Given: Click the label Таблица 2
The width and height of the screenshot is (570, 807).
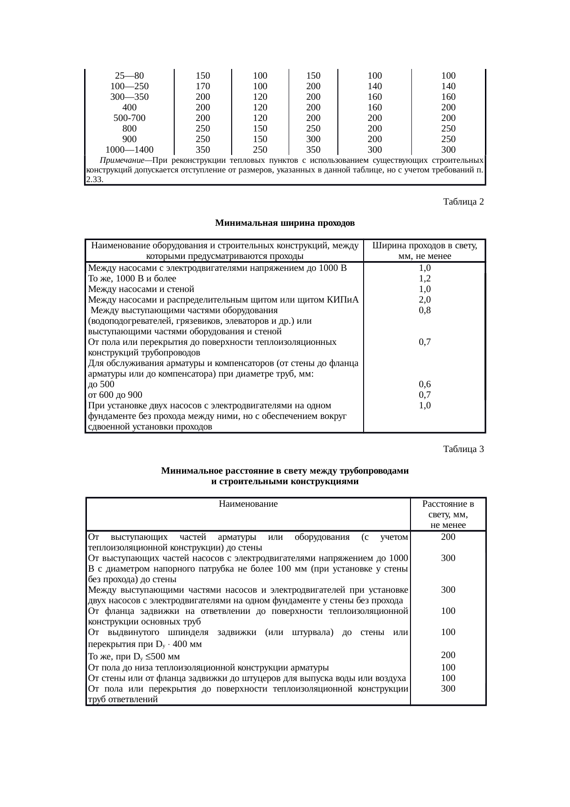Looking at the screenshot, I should click(x=463, y=202).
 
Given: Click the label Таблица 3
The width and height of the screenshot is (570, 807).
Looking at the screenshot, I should click(x=463, y=449).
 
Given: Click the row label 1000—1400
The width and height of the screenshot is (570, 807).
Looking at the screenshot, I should click(x=129, y=149).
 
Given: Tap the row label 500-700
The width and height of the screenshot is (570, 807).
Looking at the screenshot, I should click(x=129, y=118).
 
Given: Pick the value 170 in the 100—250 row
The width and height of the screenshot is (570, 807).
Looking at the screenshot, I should click(x=203, y=86).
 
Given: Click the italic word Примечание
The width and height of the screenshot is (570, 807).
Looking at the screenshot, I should click(x=121, y=160).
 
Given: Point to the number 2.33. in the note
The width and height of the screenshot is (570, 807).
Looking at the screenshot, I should click(x=94, y=180).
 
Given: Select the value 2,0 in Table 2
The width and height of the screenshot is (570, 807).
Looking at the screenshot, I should click(x=425, y=300).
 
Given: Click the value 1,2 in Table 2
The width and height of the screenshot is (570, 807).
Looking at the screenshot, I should click(x=425, y=279).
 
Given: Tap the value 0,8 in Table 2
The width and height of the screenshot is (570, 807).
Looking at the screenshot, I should click(x=425, y=310).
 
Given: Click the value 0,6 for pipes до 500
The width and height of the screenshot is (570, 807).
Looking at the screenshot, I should click(x=425, y=384).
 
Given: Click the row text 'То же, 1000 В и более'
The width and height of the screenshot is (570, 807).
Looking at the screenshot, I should click(x=132, y=279).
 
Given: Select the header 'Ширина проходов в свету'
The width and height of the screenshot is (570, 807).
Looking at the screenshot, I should click(x=424, y=246).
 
